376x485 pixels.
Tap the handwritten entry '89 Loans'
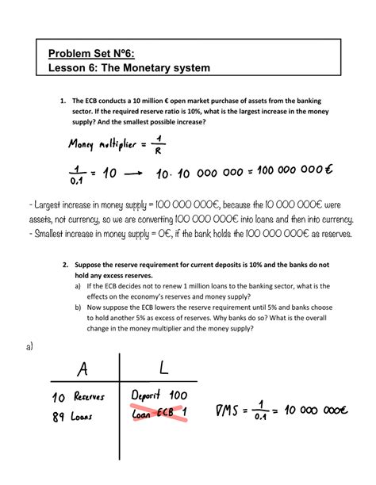[x=71, y=435]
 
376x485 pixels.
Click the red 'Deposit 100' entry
[x=163, y=416]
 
